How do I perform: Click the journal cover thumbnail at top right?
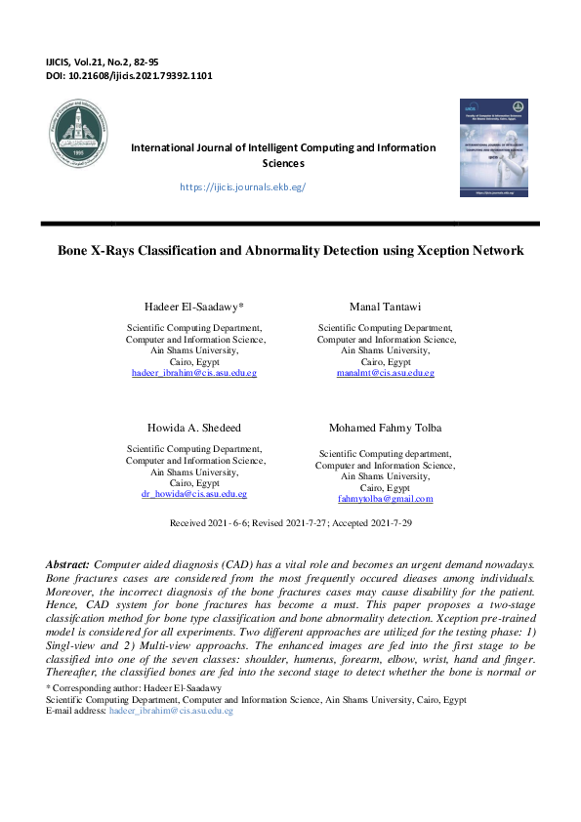click(x=493, y=148)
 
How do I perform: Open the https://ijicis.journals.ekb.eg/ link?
click(x=243, y=186)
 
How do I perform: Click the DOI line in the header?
click(x=129, y=75)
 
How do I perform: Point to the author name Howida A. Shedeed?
click(x=195, y=430)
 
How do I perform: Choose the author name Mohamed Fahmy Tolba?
click(x=386, y=430)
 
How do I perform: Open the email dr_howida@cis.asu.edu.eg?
click(x=194, y=495)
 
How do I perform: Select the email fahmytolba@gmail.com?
click(x=385, y=499)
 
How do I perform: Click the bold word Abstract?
click(x=67, y=565)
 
